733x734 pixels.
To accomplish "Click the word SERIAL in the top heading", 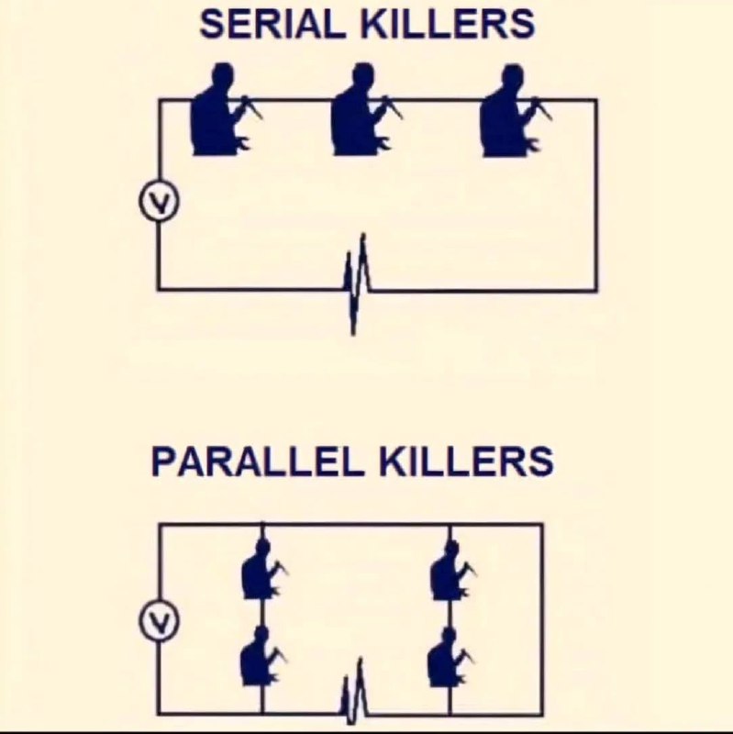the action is [272, 24].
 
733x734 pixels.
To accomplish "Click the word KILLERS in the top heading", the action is [448, 24].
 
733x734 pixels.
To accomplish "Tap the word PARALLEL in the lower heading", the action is [257, 462].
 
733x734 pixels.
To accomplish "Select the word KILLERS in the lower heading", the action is [466, 462].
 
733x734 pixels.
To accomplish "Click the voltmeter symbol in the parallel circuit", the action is [159, 620].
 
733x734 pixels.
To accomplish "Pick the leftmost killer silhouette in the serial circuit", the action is [224, 109].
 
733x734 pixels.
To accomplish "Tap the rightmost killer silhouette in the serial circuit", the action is [514, 110].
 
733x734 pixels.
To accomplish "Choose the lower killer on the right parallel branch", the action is [450, 657].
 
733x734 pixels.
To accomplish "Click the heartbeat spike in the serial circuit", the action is [357, 284].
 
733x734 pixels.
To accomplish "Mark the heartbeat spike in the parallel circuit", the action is [354, 693].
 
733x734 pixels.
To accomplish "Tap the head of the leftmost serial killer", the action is [223, 75].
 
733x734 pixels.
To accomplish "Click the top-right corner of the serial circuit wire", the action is [596, 100].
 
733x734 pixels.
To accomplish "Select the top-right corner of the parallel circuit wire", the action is [542, 525].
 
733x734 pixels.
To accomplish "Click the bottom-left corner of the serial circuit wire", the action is [159, 289].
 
